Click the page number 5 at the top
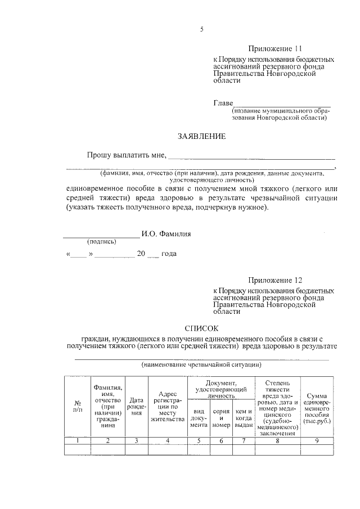click(x=202, y=29)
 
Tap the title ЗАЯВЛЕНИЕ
click(x=201, y=136)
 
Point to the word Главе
click(x=223, y=103)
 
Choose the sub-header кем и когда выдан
click(x=244, y=418)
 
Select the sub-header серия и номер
click(x=222, y=418)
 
